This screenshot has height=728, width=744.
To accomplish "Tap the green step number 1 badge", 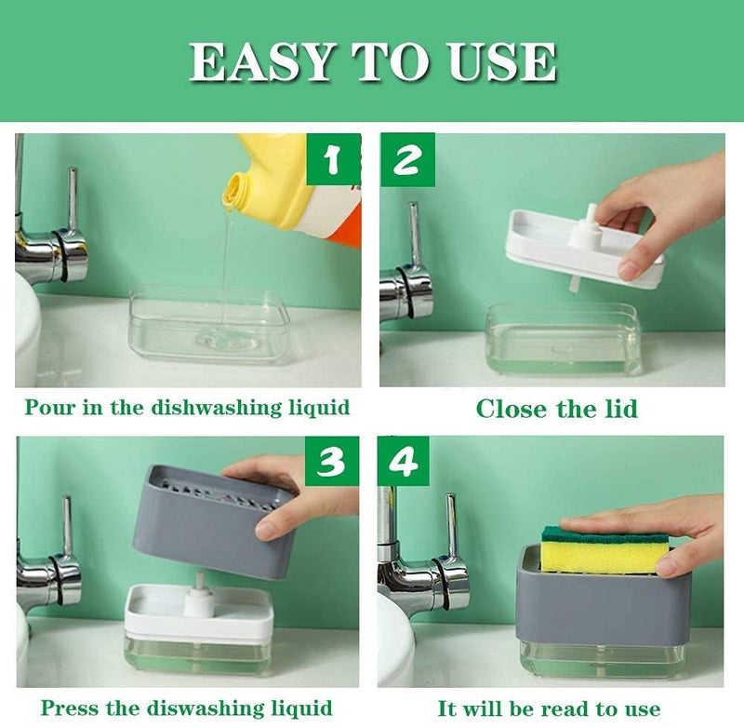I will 332,160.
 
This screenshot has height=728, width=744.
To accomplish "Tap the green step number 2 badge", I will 406,160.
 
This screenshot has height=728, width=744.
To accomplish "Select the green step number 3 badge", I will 332,462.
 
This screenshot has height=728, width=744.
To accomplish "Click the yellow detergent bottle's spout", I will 238,187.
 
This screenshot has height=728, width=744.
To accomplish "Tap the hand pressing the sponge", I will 670,526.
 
